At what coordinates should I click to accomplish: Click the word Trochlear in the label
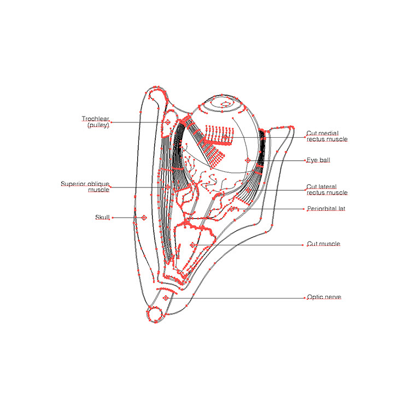(95, 119)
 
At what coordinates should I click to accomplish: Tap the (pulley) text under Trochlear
(98, 125)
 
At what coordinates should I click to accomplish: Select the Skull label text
(103, 218)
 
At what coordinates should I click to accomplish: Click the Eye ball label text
(318, 160)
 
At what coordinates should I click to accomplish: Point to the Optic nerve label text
(324, 297)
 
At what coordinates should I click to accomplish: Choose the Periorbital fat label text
(326, 208)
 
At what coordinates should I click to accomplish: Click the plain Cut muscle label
(323, 244)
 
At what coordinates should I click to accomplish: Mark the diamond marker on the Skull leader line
(144, 218)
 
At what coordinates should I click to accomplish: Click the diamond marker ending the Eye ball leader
(248, 160)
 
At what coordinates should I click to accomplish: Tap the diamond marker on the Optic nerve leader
(166, 298)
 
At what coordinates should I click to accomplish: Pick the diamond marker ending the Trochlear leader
(168, 122)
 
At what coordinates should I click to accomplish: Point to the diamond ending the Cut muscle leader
(192, 245)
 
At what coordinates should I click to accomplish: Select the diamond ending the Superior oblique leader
(168, 187)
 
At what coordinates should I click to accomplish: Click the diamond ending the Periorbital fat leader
(232, 209)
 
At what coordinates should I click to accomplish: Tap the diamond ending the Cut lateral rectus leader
(248, 190)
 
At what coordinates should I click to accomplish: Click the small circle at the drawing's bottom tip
(155, 314)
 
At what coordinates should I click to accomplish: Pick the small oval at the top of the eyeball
(224, 103)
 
